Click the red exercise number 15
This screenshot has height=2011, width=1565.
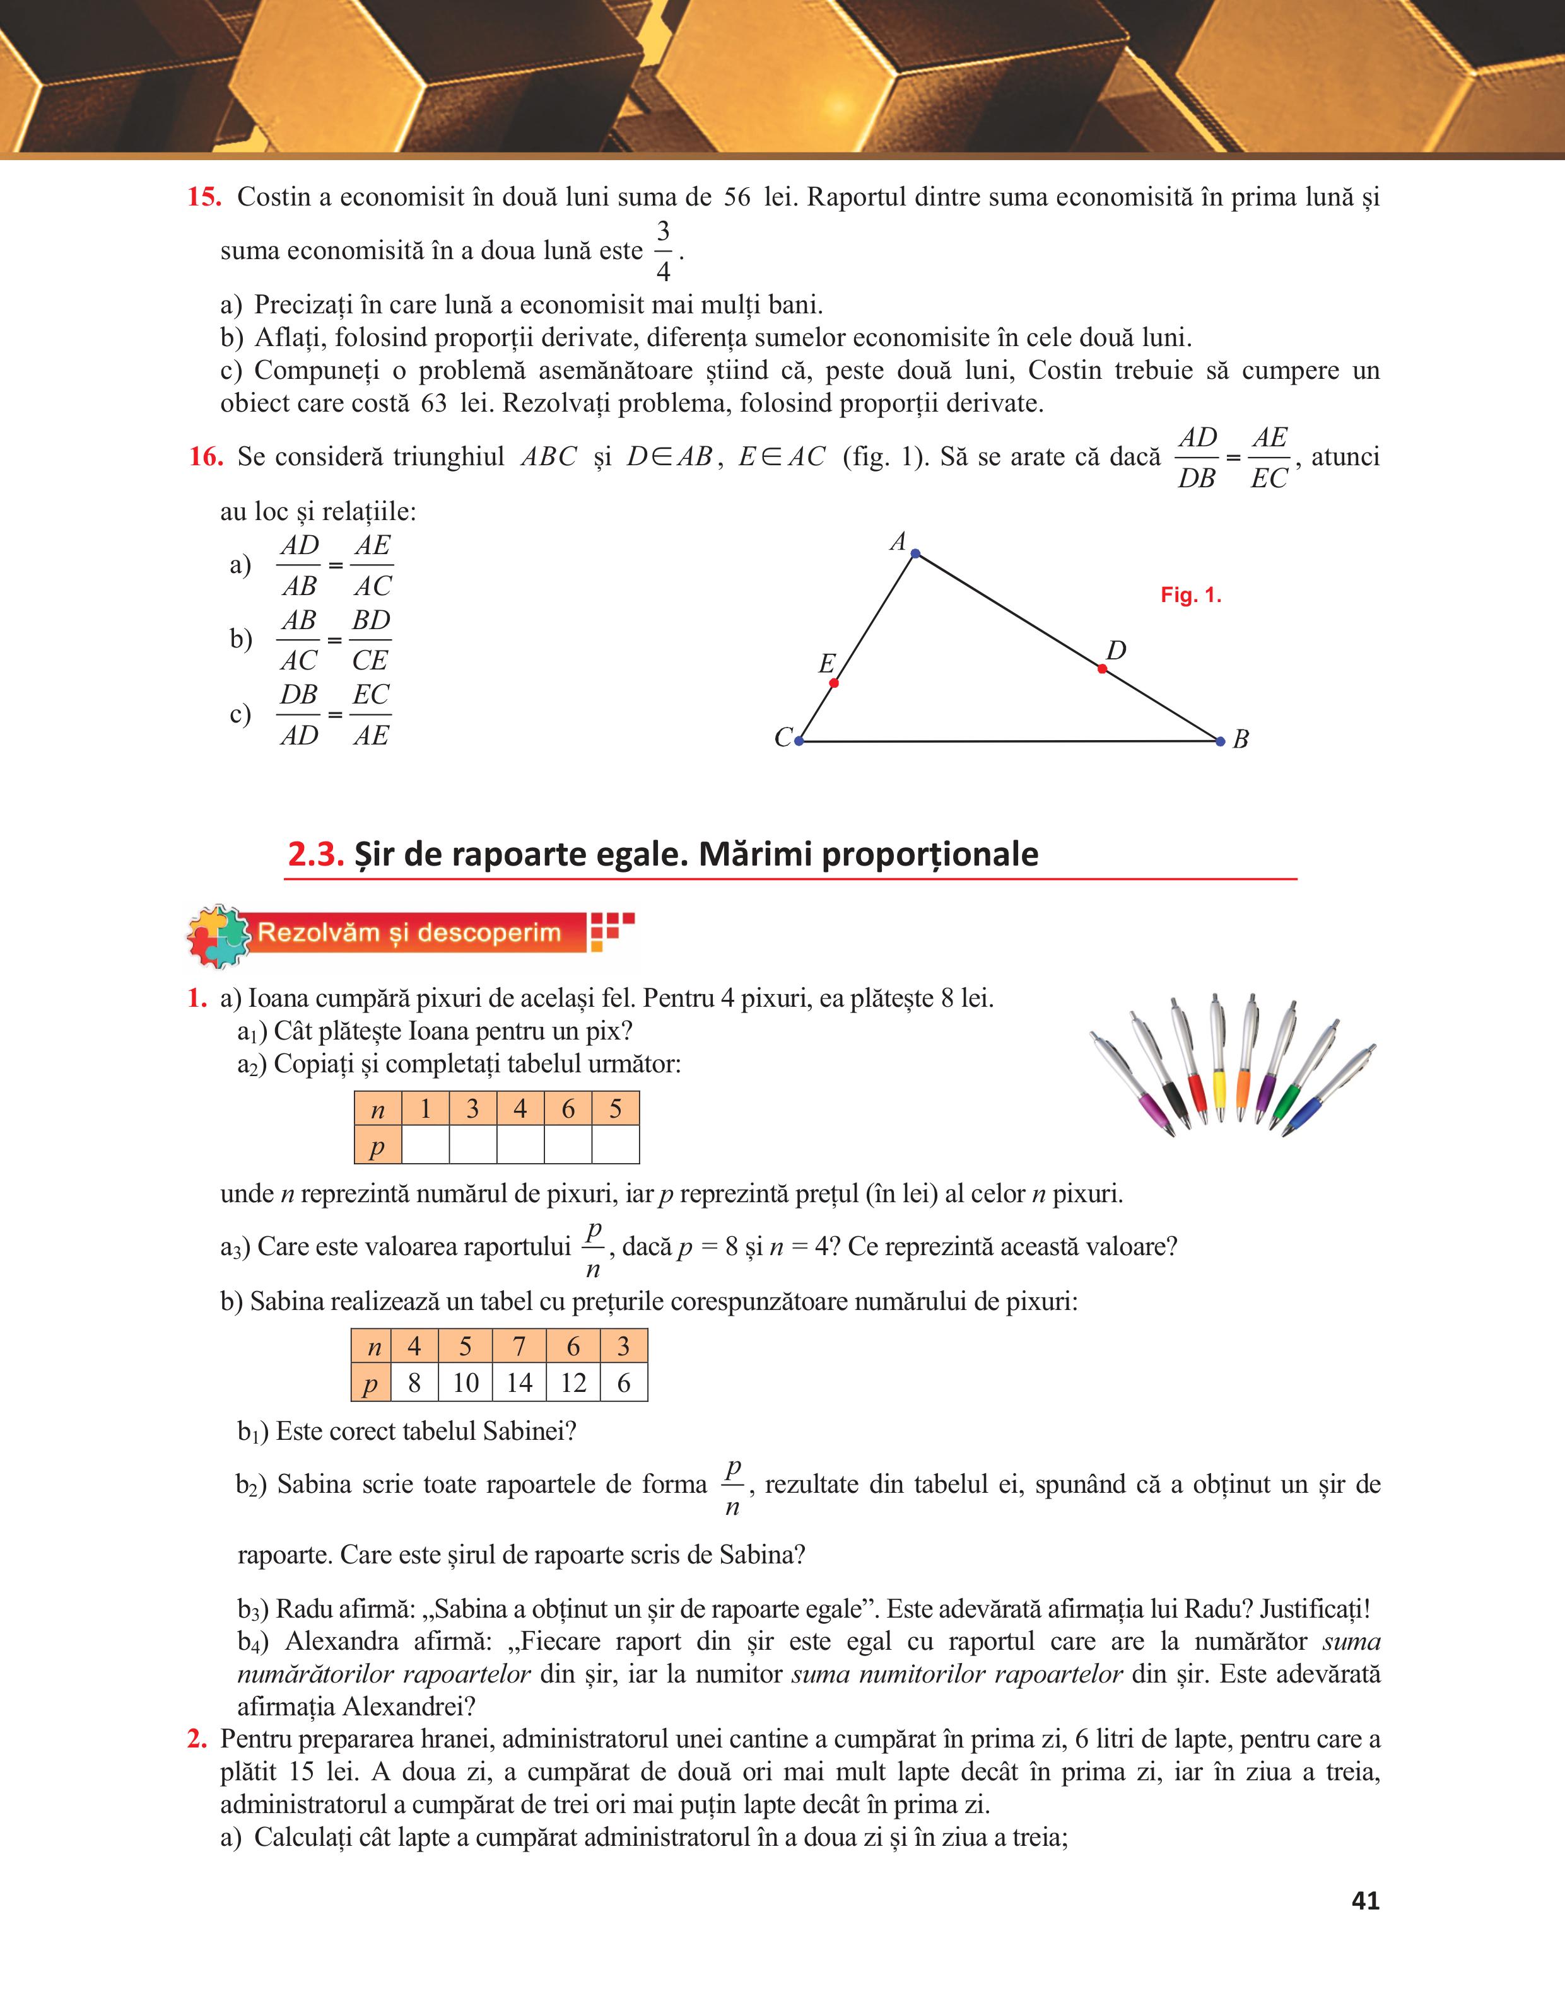pyautogui.click(x=204, y=197)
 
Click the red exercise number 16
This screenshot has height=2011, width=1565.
pyautogui.click(x=206, y=456)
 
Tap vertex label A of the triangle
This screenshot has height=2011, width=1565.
pyautogui.click(x=897, y=542)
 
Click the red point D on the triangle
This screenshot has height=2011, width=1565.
pyautogui.click(x=1103, y=668)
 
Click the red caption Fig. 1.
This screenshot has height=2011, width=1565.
pyautogui.click(x=1190, y=596)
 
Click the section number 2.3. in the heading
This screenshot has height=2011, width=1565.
pyautogui.click(x=316, y=854)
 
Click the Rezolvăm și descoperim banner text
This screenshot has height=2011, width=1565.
pyautogui.click(x=409, y=933)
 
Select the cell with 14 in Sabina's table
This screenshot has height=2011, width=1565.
pyautogui.click(x=520, y=1383)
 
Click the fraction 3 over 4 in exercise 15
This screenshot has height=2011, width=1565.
pyautogui.click(x=662, y=250)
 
